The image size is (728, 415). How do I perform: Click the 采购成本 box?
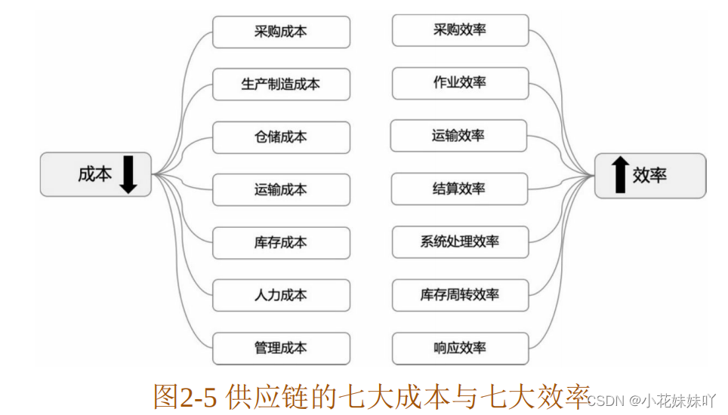281,32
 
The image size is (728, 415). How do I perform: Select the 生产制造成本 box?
281,84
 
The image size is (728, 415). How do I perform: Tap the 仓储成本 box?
281,137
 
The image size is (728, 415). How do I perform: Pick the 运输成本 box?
281,189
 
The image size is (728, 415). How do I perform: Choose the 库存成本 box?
281,242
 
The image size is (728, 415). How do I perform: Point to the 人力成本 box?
281,295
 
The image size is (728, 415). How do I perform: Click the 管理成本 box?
281,348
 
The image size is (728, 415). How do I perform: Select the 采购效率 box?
460,30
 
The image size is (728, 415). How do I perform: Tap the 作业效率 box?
460,82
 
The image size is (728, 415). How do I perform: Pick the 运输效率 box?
458,136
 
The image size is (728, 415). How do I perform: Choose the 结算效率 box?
460,189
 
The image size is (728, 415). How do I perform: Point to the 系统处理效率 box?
460,241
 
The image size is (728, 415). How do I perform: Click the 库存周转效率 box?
460,295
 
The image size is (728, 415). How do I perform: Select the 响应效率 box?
460,348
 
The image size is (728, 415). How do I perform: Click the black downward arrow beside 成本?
128,174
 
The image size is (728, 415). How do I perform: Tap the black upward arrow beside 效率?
619,175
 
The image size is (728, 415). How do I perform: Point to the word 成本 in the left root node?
94,174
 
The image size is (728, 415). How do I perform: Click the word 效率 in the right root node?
650,175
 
